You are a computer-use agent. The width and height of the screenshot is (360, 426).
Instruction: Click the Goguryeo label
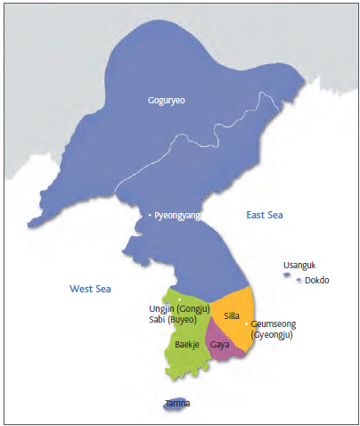pyautogui.click(x=168, y=101)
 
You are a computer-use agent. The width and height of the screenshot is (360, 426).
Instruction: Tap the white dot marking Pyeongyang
pyautogui.click(x=150, y=216)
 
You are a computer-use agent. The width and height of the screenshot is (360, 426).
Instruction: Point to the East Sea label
pyautogui.click(x=265, y=216)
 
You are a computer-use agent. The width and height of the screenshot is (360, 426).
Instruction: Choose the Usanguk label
pyautogui.click(x=299, y=265)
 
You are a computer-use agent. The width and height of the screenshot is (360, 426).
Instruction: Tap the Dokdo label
pyautogui.click(x=317, y=280)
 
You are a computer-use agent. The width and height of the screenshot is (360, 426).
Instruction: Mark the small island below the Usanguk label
pyautogui.click(x=286, y=274)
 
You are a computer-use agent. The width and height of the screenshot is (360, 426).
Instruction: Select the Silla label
pyautogui.click(x=232, y=315)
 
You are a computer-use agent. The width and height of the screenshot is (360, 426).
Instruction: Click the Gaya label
pyautogui.click(x=220, y=343)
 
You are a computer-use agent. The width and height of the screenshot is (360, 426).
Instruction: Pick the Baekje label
pyautogui.click(x=186, y=344)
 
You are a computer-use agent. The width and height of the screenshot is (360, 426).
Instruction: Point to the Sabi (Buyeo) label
pyautogui.click(x=177, y=321)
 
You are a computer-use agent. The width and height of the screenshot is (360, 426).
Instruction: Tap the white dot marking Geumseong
pyautogui.click(x=246, y=324)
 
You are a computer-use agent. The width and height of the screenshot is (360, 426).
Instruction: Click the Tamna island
pyautogui.click(x=176, y=404)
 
